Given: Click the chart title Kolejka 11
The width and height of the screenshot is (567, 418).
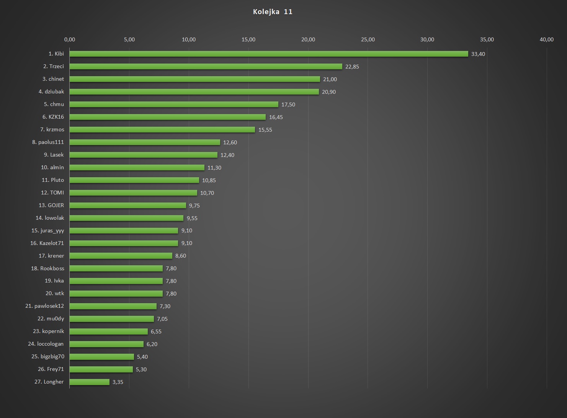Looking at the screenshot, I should (x=273, y=12).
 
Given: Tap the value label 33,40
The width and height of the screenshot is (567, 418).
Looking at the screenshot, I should (x=478, y=54).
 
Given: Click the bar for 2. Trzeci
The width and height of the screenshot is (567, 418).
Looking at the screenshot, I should (x=206, y=67).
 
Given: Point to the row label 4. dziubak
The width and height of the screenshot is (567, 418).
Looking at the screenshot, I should (x=51, y=91).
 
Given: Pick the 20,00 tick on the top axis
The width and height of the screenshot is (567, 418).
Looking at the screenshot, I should (x=308, y=39).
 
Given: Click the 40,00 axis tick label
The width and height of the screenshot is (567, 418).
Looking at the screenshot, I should (x=546, y=39).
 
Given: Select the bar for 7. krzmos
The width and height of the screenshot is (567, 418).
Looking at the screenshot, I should (x=162, y=130).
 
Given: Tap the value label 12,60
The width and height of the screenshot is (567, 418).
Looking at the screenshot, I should (x=230, y=142).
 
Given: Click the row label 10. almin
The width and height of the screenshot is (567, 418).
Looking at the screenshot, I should (x=52, y=167).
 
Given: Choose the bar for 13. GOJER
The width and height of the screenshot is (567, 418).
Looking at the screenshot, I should (x=128, y=206).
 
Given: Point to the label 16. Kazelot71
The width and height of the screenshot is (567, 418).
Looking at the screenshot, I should (x=47, y=243).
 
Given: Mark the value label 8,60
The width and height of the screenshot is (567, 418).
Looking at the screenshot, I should (x=181, y=256).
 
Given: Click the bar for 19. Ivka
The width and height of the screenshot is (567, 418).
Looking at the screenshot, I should (x=116, y=281).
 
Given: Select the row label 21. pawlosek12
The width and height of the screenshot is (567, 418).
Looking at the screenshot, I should (x=45, y=306).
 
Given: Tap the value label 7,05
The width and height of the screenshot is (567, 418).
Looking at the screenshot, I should (x=162, y=319).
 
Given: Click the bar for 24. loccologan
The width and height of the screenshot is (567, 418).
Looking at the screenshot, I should (x=106, y=344).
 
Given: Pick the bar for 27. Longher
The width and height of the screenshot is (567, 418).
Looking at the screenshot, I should (x=90, y=382).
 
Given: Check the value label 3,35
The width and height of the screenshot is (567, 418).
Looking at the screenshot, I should (x=118, y=382).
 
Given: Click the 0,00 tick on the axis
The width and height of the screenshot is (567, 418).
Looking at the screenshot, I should (x=70, y=39).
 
